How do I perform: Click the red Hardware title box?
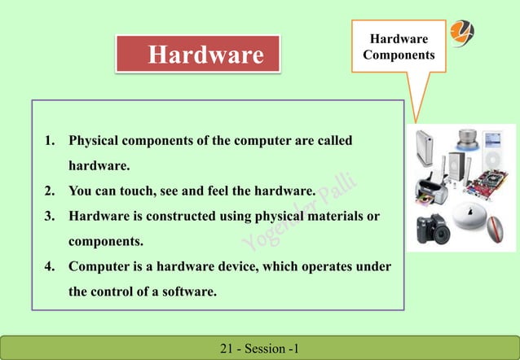[197, 55]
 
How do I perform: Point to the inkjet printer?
[430, 188]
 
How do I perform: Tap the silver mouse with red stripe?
[494, 230]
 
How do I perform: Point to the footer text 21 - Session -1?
[260, 349]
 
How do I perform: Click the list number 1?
[49, 141]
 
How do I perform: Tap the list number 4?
[49, 267]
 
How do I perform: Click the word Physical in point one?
[95, 141]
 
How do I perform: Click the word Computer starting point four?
[99, 267]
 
